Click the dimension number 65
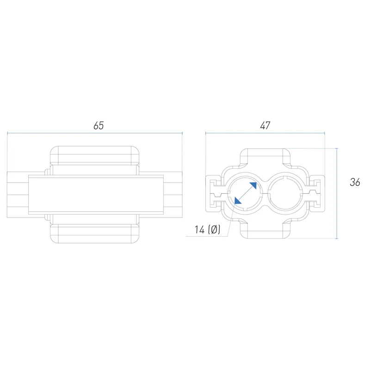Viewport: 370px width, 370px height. pos(99,125)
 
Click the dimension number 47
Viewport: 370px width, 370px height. pos(265,125)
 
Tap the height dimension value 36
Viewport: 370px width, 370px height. pos(355,182)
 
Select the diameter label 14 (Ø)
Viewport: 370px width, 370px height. pos(207,229)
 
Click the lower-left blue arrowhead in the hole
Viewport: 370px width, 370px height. pos(237,201)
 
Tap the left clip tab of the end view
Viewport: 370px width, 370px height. pos(214,193)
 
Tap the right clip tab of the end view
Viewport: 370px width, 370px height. pos(317,193)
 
